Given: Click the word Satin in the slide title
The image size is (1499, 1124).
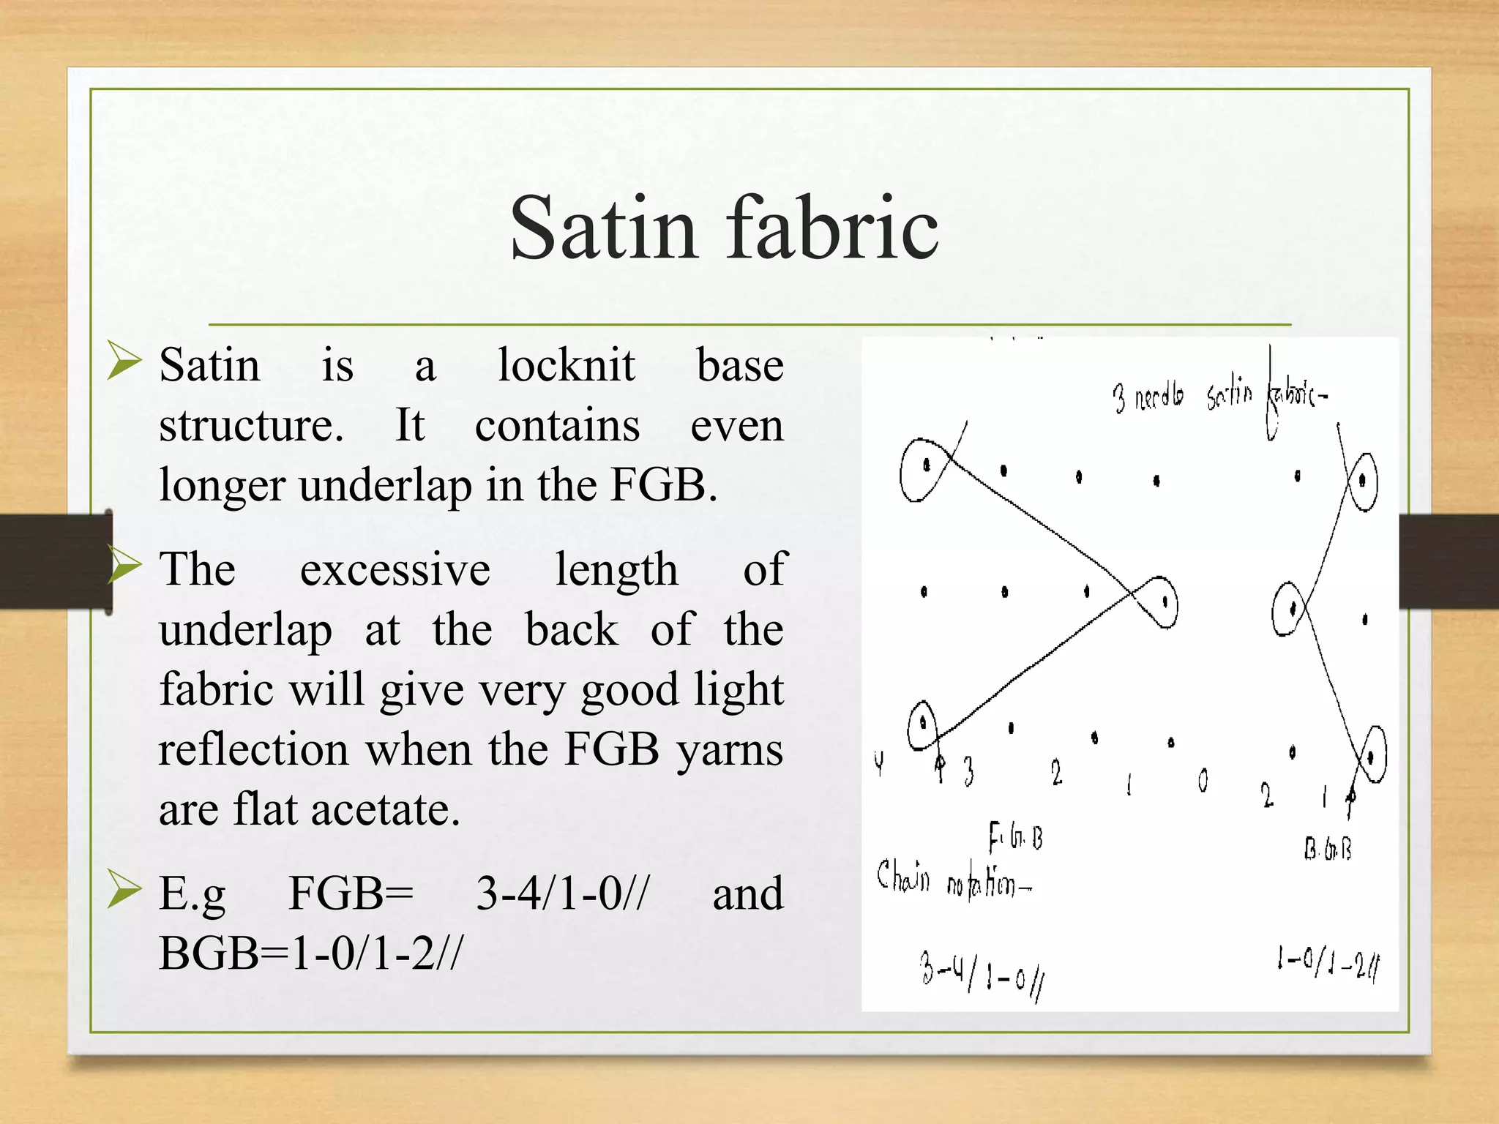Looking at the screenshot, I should [603, 228].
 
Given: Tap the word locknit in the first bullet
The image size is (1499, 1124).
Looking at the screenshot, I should [566, 365].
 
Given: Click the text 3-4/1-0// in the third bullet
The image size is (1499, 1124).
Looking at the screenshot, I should [562, 893].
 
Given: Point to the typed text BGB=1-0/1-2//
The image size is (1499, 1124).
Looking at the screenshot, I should [311, 953].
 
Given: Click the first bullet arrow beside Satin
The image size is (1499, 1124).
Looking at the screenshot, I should [123, 361].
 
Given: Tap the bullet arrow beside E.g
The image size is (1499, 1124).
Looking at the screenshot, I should [123, 888].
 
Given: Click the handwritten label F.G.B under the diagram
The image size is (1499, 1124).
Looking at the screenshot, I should [1016, 837].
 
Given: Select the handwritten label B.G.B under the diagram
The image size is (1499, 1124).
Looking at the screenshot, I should [1327, 849].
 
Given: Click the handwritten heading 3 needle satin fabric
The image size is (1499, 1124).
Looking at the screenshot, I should [1219, 396].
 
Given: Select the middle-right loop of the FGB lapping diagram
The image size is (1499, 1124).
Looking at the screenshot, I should [1159, 602].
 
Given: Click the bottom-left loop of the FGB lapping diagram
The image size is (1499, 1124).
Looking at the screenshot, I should [922, 724].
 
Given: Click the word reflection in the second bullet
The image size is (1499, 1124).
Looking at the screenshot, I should [253, 750].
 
